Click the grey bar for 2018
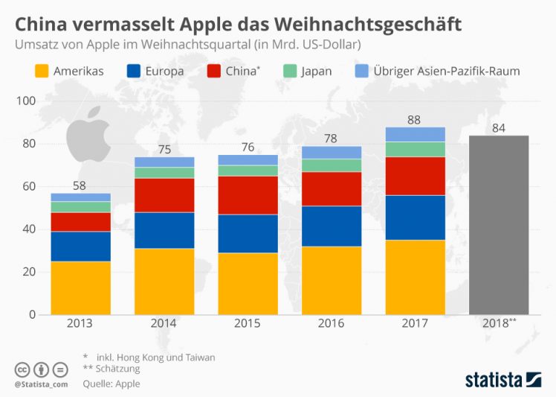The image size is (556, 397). [x=499, y=224]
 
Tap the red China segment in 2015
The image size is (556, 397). [x=248, y=195]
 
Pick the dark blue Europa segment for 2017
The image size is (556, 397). [x=416, y=217]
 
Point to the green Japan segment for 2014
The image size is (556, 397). [x=164, y=173]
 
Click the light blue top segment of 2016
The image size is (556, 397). [x=332, y=153]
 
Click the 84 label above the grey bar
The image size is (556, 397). [x=499, y=127]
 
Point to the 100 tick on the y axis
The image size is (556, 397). [x=26, y=101]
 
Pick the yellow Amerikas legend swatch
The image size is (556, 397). [x=42, y=72]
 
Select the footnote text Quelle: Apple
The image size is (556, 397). [x=111, y=384]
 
